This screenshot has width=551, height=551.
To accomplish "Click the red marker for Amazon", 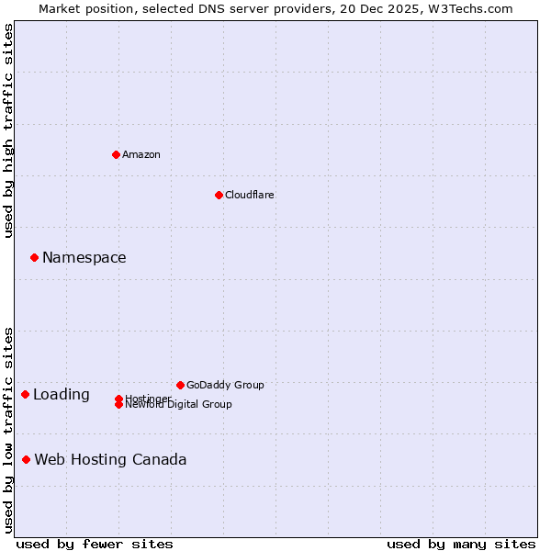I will pos(116,154).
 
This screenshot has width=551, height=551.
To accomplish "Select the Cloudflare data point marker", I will pos(219,195).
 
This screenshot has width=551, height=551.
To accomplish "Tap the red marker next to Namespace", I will pos(34,257).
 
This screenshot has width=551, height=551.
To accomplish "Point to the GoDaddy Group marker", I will pos(180,385).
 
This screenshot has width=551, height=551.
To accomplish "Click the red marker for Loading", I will pos(25,394).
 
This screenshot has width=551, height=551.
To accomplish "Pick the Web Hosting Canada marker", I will pos(26,459).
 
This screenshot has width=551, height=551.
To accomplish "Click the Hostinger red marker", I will pos(118,399).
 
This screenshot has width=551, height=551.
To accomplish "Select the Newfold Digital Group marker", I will pos(118,405).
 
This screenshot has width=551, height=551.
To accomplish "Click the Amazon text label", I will pos(141,154).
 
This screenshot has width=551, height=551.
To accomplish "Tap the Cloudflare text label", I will pos(250,195).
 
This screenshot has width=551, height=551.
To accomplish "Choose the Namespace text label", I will pos(84,258).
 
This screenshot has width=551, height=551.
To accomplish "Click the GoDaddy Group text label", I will pos(225,385).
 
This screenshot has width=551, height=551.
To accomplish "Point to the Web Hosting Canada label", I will pos(110,460).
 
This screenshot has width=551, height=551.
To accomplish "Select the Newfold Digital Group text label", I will pos(179,405).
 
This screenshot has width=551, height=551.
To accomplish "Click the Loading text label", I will pos(62,395).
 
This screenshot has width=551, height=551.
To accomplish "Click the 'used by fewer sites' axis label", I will pos(95,544).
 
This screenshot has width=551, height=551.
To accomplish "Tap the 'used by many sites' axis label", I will pos(461,544).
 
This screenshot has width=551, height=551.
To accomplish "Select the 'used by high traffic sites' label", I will pos(8,130).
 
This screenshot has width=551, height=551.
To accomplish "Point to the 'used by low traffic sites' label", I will pos(8,430).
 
